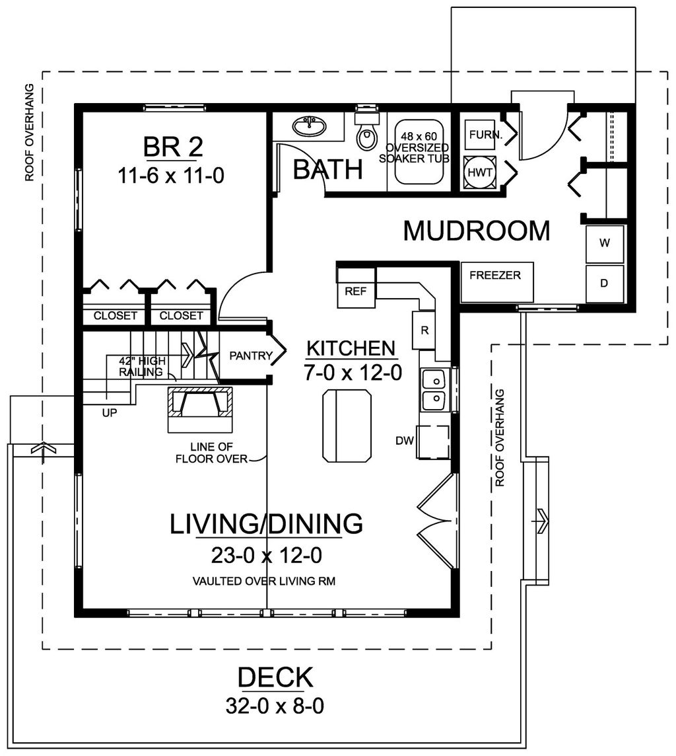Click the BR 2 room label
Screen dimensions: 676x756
point(174,147)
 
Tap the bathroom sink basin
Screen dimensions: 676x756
point(309,126)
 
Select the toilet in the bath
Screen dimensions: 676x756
point(366,131)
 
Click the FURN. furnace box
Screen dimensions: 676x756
point(480,135)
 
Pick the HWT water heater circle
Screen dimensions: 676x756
point(480,172)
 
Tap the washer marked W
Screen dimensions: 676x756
point(605,243)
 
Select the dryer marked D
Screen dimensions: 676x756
point(605,283)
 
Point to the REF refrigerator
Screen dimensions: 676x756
point(356,288)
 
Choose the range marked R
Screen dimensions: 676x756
point(424,330)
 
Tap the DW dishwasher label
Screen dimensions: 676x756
point(405,440)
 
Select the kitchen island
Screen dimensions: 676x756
point(347,426)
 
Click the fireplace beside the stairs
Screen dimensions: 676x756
point(200,409)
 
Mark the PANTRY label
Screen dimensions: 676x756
point(251,356)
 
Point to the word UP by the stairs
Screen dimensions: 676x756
point(110,413)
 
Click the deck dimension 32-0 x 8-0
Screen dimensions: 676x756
point(275,706)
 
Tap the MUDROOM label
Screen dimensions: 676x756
point(477,231)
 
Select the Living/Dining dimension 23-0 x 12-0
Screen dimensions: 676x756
point(267,555)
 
